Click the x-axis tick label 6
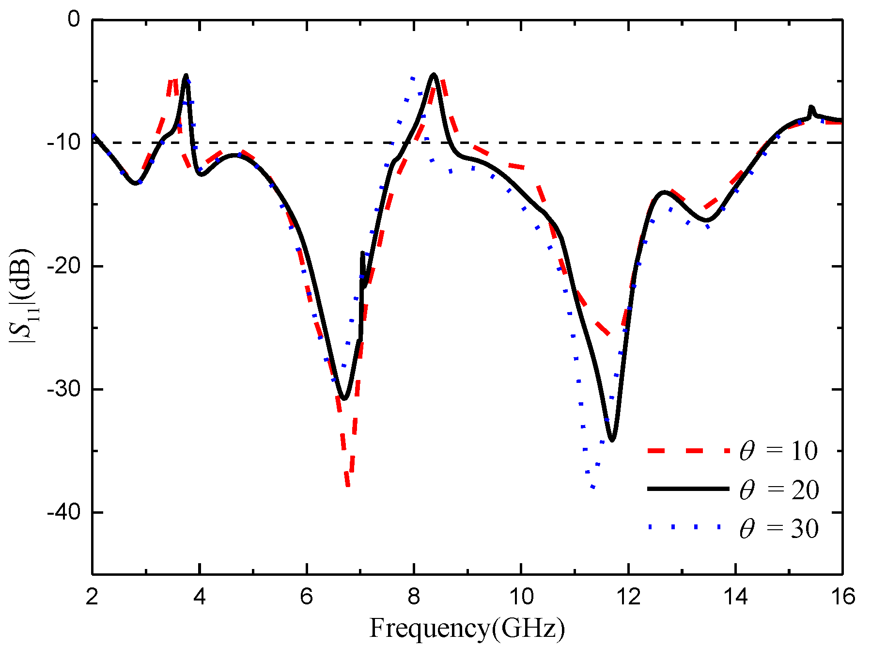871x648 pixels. coord(306,596)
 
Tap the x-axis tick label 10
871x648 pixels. coord(521,596)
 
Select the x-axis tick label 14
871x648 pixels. coord(735,596)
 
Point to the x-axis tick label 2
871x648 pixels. coord(92,596)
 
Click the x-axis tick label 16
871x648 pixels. coord(842,596)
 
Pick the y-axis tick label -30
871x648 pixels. coord(63,389)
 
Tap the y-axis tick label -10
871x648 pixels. coord(63,142)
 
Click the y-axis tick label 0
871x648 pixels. coord(74,19)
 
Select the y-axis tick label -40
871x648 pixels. coord(63,512)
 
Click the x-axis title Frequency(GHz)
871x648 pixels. coord(467,628)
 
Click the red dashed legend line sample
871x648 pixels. coord(688,451)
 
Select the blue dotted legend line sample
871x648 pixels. coord(688,527)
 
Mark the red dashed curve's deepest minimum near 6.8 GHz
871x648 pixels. coord(348,485)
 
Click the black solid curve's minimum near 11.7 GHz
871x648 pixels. coord(612,440)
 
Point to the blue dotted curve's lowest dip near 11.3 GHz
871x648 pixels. coord(592,487)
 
